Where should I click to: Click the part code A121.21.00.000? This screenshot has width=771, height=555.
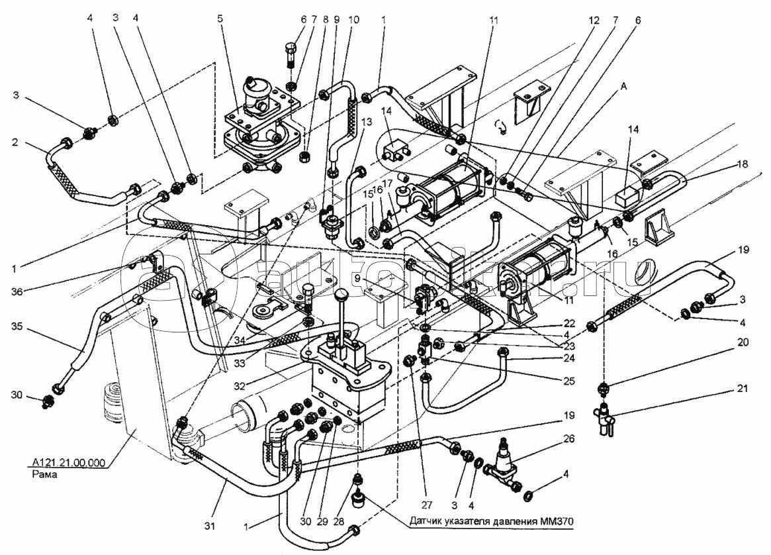tap(68, 463)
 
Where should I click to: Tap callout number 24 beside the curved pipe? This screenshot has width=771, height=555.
tap(569, 359)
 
